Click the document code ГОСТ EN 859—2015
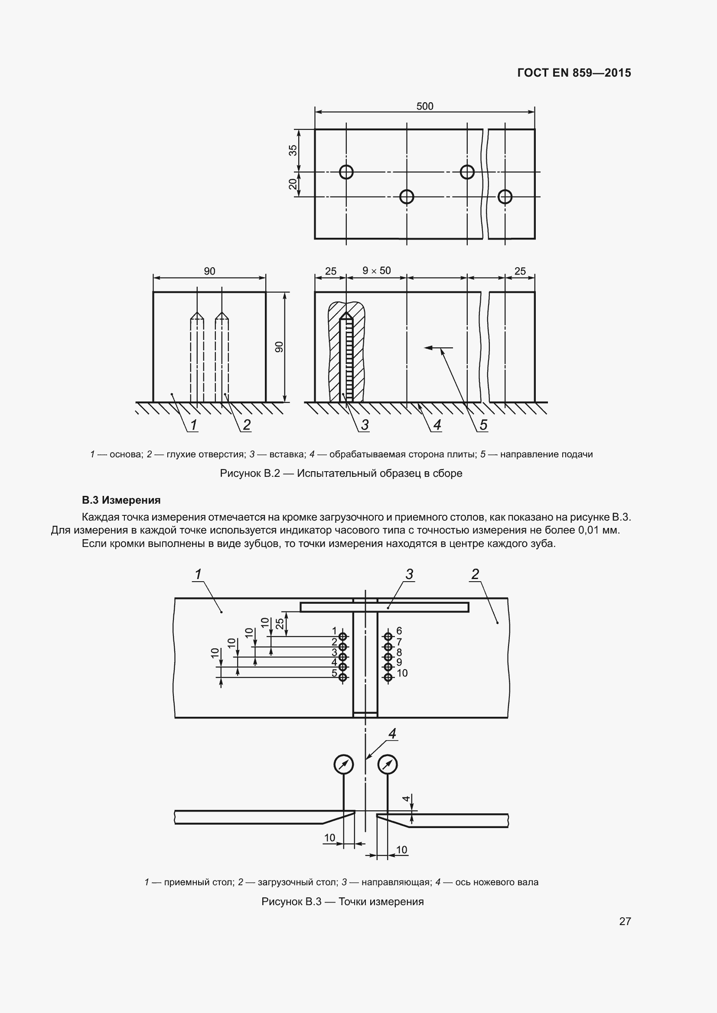[574, 73]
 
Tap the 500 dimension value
[425, 107]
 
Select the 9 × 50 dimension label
[377, 270]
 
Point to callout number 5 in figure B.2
[483, 425]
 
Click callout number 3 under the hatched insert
[365, 425]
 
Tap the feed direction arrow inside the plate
[438, 348]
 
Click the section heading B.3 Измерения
[121, 500]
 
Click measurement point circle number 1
[343, 637]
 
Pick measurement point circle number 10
[388, 678]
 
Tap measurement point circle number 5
[343, 678]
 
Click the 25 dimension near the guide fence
[280, 623]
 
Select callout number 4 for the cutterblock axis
[392, 734]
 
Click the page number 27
[625, 921]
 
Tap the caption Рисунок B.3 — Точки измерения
[342, 901]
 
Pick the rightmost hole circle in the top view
[505, 196]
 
